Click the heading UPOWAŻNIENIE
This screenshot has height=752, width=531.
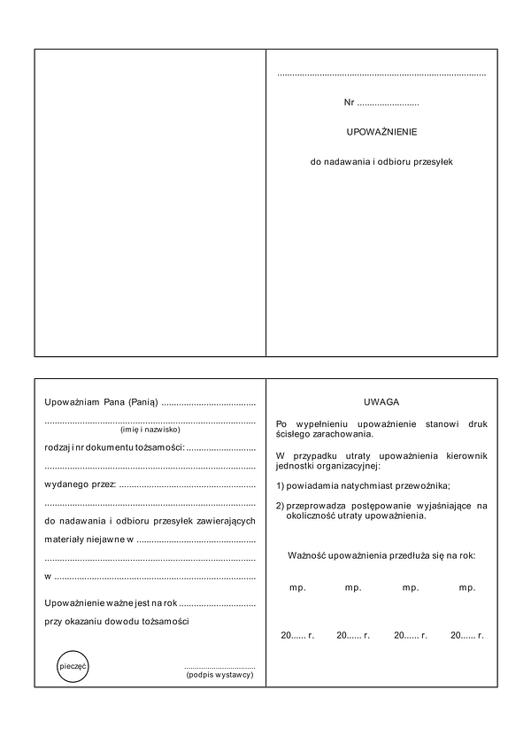tap(381, 132)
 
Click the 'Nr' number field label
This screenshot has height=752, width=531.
tap(350, 103)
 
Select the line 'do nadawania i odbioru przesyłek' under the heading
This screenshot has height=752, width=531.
tap(381, 162)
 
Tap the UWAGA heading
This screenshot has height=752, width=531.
tap(381, 401)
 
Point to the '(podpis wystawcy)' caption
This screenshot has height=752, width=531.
tap(219, 675)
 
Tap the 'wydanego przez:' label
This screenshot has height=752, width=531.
tap(81, 484)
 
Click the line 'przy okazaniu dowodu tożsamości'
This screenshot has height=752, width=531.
tap(117, 621)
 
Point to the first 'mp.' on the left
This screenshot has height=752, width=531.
tap(296, 587)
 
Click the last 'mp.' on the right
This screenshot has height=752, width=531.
tap(467, 587)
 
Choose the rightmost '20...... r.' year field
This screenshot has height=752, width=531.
tap(466, 635)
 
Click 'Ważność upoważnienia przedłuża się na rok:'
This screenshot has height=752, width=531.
tap(381, 555)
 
